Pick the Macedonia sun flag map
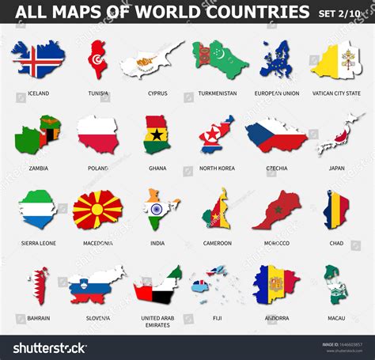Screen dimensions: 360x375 point(97,210)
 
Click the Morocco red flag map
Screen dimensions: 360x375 point(276,208)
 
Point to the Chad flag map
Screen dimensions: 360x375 point(335,209)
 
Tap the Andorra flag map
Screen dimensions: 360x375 point(275,285)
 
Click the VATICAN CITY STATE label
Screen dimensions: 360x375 point(336,93)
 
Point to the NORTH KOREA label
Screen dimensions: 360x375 point(216,168)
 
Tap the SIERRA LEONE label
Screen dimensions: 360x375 point(37,243)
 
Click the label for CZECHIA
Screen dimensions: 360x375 point(276,168)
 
